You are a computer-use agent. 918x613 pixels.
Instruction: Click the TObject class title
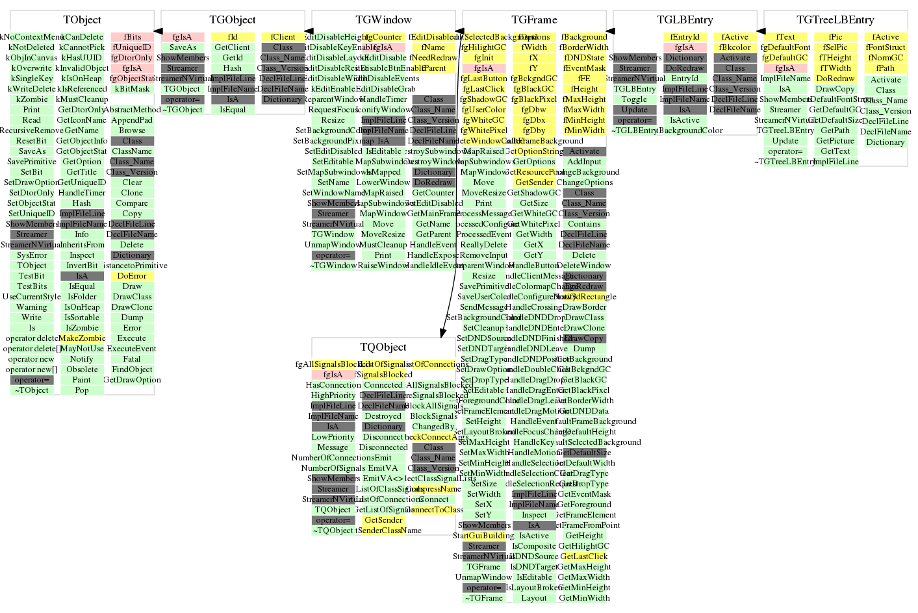pyautogui.click(x=82, y=20)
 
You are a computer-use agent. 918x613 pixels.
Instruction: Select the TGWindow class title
pyautogui.click(x=383, y=20)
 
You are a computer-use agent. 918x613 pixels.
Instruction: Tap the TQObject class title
pyautogui.click(x=383, y=347)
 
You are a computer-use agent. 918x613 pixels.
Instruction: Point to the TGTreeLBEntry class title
pyautogui.click(x=835, y=20)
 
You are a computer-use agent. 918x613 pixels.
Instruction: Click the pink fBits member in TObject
pyautogui.click(x=132, y=37)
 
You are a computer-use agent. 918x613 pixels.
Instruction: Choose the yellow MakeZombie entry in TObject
pyautogui.click(x=82, y=338)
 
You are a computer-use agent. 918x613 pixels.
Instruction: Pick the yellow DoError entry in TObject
pyautogui.click(x=132, y=276)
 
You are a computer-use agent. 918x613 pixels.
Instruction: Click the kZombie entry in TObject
pyautogui.click(x=32, y=99)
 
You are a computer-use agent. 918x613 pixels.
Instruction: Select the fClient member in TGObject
pyautogui.click(x=283, y=37)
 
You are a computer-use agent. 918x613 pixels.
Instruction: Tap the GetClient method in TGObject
pyautogui.click(x=233, y=47)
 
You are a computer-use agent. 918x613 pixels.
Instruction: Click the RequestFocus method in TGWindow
pyautogui.click(x=333, y=110)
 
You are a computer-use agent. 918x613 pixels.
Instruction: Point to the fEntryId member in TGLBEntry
pyautogui.click(x=685, y=37)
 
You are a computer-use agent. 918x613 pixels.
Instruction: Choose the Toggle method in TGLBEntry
pyautogui.click(x=634, y=99)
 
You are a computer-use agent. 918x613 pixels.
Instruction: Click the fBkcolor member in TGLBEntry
pyautogui.click(x=735, y=47)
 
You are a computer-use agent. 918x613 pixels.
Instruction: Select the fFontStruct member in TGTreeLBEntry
pyautogui.click(x=886, y=47)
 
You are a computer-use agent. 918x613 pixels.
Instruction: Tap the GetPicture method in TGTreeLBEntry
pyautogui.click(x=835, y=141)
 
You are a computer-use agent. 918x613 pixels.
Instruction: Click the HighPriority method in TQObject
pyautogui.click(x=333, y=395)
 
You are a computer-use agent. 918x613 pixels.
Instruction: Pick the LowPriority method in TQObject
pyautogui.click(x=333, y=437)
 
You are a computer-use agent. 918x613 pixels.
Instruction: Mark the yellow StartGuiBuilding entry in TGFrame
pyautogui.click(x=483, y=536)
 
